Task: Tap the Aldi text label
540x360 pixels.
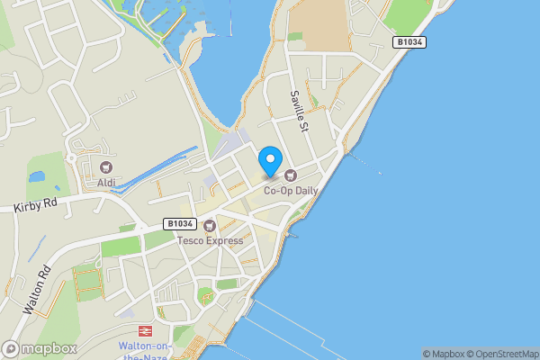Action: (x=107, y=183)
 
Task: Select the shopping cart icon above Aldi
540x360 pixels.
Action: (x=107, y=167)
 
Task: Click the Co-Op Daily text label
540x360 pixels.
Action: (x=291, y=190)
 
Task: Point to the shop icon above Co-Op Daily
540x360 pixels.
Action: (x=291, y=175)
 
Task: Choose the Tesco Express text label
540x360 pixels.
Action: (x=210, y=240)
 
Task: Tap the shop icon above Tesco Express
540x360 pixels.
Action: (x=210, y=225)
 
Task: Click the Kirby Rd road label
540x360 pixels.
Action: (x=36, y=205)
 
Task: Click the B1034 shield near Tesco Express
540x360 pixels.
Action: (x=181, y=223)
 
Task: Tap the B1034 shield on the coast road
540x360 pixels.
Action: (x=409, y=42)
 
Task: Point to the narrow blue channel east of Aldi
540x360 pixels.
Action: (x=157, y=171)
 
